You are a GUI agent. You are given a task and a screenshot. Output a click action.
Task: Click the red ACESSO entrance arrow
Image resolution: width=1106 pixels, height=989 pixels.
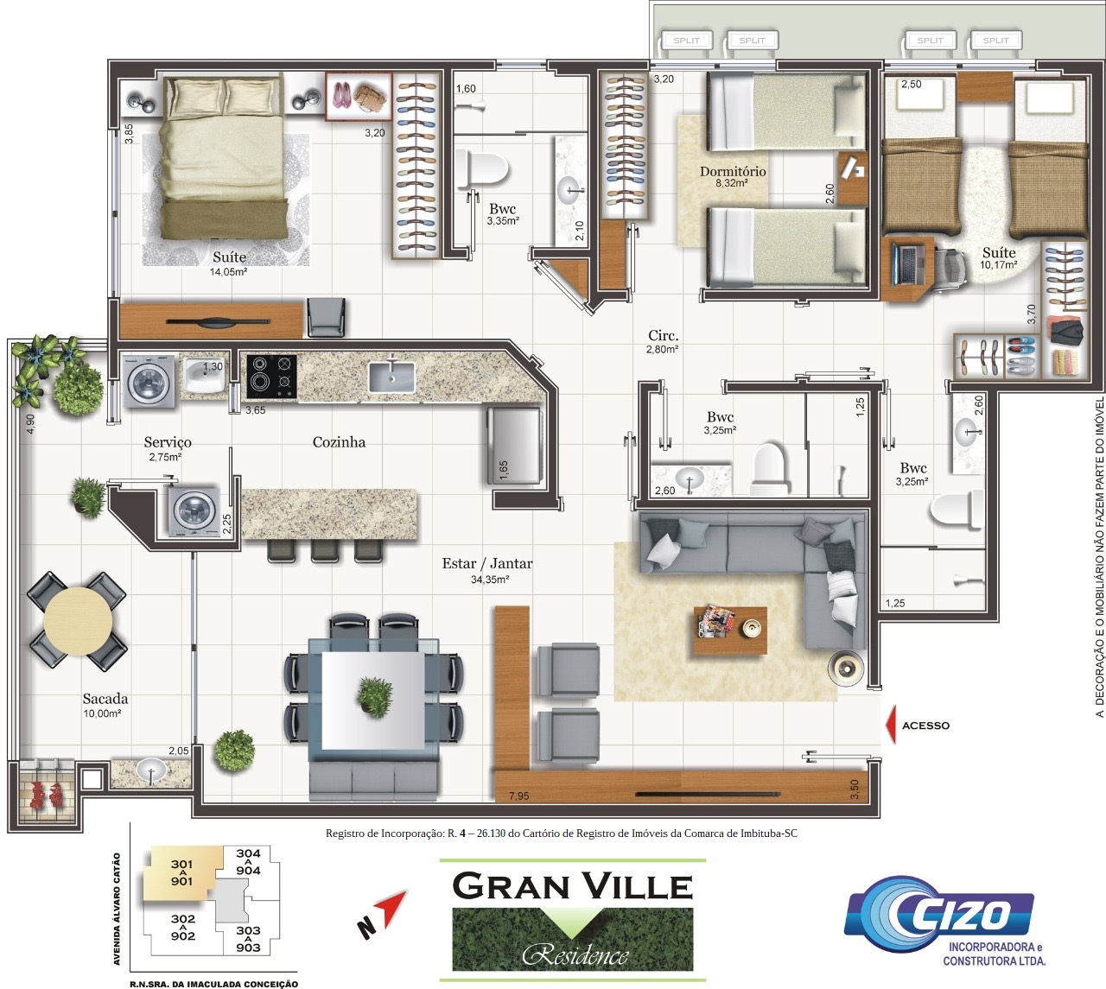(x=892, y=725)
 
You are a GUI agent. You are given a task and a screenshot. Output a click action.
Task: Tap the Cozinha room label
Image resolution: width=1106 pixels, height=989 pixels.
(x=339, y=442)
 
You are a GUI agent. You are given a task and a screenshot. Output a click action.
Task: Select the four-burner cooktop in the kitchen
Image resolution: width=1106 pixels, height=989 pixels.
(x=272, y=376)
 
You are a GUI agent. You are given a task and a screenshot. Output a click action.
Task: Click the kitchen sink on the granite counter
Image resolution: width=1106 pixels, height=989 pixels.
(x=392, y=377)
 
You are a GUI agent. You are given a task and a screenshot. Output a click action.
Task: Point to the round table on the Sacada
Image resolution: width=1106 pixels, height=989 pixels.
(x=78, y=621)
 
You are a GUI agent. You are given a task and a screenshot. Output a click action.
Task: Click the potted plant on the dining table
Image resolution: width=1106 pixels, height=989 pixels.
(x=375, y=697)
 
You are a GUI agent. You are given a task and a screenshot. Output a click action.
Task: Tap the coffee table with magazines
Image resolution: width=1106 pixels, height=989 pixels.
(x=730, y=631)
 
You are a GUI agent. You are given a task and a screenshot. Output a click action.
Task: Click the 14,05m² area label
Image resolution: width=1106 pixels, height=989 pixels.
(x=229, y=272)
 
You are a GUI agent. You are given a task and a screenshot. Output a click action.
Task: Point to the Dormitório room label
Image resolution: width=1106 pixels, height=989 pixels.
(x=733, y=171)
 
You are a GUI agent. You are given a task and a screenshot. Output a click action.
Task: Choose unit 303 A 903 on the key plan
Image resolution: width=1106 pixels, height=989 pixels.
(x=248, y=939)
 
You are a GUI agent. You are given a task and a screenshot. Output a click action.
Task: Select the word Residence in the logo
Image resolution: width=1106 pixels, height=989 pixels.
(x=575, y=955)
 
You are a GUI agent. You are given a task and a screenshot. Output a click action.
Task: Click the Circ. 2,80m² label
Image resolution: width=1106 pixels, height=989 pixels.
(x=663, y=342)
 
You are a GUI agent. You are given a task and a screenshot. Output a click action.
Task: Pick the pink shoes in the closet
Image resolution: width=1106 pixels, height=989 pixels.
(x=341, y=94)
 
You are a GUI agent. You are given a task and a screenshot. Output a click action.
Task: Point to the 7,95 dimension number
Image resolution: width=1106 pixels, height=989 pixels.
(x=518, y=796)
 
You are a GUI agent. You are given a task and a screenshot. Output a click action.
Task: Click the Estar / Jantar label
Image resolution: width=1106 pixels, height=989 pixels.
(x=487, y=563)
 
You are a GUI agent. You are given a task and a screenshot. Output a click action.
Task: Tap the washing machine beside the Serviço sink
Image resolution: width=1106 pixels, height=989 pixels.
(x=149, y=382)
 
